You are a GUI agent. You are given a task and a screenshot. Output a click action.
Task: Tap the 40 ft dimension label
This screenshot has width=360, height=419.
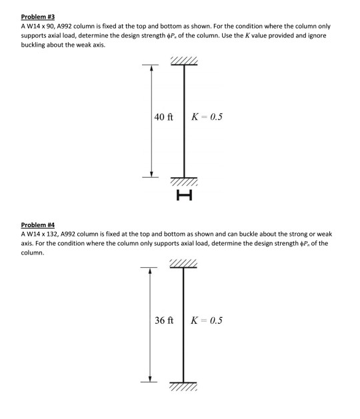[163, 117]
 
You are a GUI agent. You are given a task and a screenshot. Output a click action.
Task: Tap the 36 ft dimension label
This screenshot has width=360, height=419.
[164, 320]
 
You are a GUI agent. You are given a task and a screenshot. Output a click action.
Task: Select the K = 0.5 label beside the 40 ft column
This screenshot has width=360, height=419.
[207, 117]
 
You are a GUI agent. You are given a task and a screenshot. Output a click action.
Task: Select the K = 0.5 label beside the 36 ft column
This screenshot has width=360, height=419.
[207, 320]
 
